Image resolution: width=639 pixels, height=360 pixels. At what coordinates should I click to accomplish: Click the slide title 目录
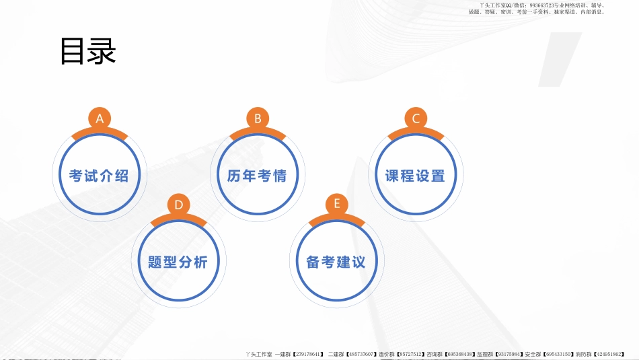88,52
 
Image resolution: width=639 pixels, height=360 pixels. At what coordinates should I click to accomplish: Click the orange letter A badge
100,118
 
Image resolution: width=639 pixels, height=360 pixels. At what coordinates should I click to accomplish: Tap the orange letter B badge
258,118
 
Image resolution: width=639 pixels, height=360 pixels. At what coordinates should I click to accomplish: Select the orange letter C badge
416,118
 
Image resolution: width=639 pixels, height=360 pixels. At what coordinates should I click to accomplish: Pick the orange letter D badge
178,205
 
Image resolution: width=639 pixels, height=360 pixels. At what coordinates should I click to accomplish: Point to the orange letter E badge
336,205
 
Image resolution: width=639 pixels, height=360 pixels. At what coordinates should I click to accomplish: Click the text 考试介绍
99,176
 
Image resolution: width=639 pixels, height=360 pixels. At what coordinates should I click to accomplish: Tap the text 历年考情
257,176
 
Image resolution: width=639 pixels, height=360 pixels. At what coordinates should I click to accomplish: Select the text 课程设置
415,176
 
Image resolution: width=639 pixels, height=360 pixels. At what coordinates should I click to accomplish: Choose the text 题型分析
178,262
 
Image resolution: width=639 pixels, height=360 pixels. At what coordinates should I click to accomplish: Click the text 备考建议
336,262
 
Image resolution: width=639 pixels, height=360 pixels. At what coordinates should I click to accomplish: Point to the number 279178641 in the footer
308,354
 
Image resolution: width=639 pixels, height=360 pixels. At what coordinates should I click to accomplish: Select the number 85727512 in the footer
409,354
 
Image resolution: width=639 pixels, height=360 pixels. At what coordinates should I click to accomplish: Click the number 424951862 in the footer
609,354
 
